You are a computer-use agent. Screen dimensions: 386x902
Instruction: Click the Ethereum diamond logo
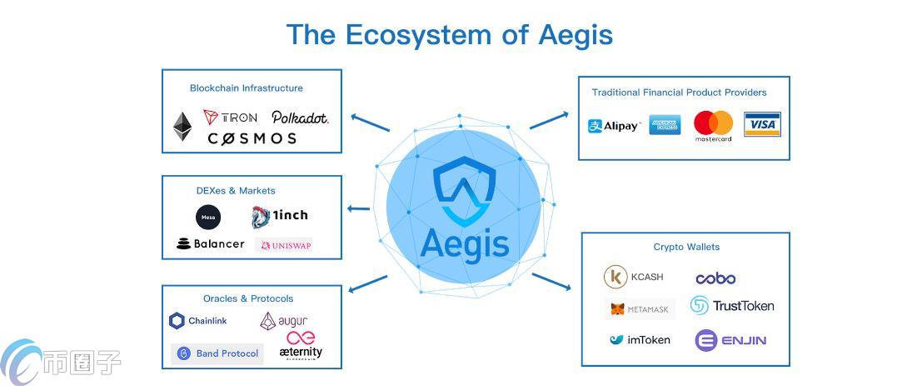click(182, 126)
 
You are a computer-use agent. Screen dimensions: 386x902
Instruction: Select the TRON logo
click(230, 118)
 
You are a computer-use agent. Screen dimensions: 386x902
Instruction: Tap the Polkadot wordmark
click(300, 118)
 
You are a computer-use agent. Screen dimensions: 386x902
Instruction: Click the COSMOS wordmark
click(252, 138)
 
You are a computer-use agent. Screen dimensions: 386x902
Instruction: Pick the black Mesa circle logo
click(208, 218)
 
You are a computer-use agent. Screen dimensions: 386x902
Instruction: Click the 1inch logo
click(279, 216)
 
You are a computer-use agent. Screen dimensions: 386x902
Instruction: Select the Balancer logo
click(211, 243)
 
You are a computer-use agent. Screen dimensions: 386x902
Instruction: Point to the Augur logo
click(283, 321)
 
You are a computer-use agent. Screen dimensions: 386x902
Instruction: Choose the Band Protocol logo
click(217, 353)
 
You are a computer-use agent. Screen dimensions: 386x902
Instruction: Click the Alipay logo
click(615, 126)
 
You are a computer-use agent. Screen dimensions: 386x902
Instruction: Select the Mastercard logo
click(713, 126)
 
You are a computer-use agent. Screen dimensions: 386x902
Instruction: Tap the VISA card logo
click(761, 124)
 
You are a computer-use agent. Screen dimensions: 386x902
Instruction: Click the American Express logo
click(665, 125)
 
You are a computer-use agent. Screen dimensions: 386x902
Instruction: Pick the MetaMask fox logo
click(640, 309)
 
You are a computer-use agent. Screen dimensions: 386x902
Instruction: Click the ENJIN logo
click(730, 340)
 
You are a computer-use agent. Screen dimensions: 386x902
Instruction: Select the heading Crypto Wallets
click(686, 247)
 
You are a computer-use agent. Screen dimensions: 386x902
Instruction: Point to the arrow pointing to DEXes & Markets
click(358, 208)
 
